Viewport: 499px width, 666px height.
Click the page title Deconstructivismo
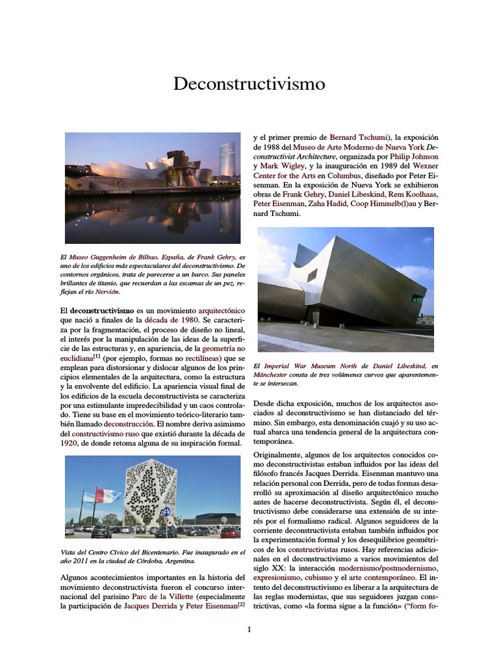point(249,84)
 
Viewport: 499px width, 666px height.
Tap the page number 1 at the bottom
point(249,629)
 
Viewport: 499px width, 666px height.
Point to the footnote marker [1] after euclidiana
point(96,356)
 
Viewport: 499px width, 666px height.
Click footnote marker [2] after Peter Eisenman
point(240,604)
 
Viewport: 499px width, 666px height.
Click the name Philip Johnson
point(415,157)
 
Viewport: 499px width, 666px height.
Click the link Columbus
point(344,176)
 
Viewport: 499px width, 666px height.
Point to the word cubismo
point(318,577)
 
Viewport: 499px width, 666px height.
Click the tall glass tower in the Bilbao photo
point(227,161)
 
